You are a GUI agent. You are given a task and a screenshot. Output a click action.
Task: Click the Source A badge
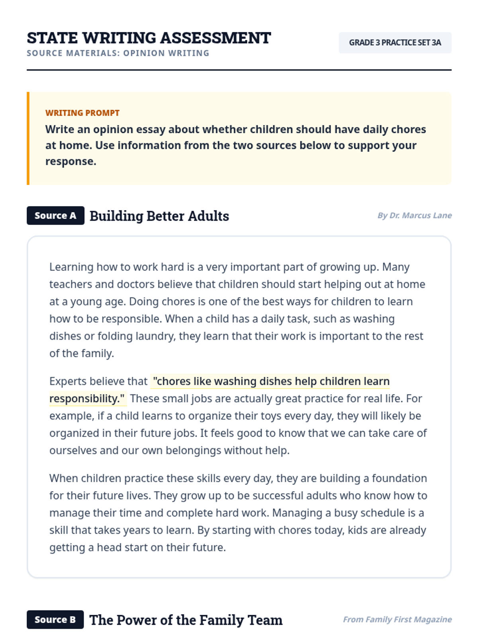(x=55, y=216)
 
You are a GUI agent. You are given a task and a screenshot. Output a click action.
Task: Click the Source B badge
(x=55, y=620)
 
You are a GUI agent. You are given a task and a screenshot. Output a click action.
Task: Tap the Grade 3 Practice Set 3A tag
(x=395, y=43)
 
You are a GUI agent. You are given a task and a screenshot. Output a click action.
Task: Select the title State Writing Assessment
(x=149, y=38)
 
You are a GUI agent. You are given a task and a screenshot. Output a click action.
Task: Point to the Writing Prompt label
(x=82, y=113)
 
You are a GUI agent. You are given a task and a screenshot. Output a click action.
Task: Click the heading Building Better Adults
(x=159, y=216)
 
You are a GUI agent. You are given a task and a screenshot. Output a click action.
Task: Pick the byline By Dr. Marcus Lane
(x=414, y=216)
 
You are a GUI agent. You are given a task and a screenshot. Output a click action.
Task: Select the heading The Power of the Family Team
(x=186, y=620)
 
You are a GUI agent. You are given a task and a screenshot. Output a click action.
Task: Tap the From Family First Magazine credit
(x=397, y=620)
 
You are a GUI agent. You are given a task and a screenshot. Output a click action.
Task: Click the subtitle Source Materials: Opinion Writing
(x=118, y=53)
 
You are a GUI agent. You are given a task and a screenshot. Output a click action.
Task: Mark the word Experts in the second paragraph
(x=67, y=382)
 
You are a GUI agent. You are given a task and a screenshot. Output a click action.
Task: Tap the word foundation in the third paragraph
(x=399, y=478)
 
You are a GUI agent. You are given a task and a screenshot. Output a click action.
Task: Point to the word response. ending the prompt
(x=71, y=161)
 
